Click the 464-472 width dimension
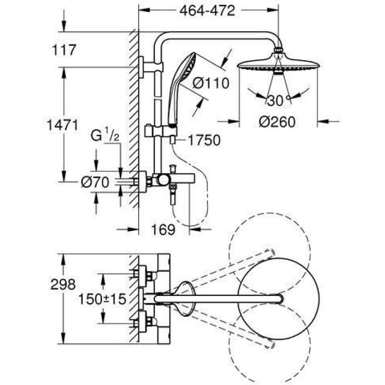tap(207, 11)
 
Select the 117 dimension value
tap(64, 50)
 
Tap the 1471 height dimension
tap(63, 125)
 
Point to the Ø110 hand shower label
tap(211, 83)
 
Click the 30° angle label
tap(279, 100)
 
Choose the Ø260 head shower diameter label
tap(277, 122)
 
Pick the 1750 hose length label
tap(204, 141)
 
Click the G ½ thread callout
tap(105, 135)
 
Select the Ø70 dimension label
tap(95, 182)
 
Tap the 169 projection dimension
tap(163, 230)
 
